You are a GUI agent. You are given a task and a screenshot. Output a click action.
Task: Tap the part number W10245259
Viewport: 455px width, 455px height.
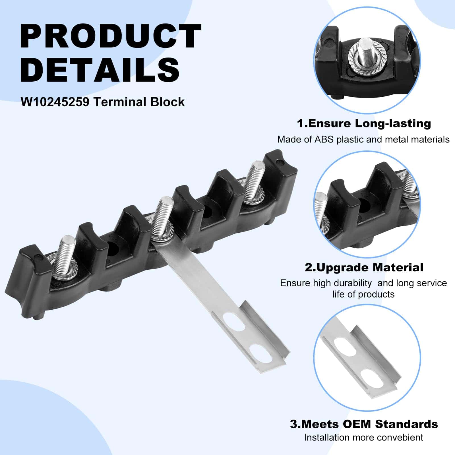(55, 102)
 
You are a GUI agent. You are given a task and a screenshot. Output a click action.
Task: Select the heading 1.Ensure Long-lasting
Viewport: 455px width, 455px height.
(364, 124)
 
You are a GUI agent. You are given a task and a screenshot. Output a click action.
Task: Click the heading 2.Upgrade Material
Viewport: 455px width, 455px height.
(364, 268)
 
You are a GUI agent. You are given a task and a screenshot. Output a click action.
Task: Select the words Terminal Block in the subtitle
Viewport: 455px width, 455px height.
(139, 102)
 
